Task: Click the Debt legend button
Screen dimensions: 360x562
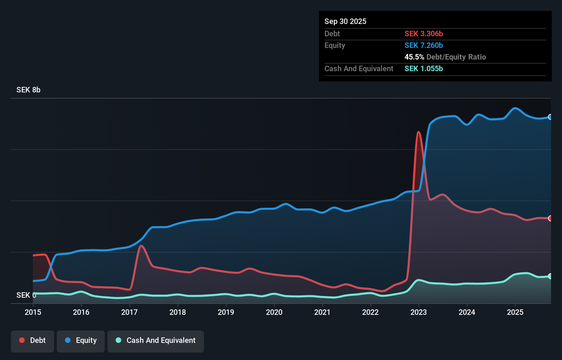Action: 33,340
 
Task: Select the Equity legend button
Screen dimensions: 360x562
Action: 81,340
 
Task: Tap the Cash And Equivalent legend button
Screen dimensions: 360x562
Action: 156,340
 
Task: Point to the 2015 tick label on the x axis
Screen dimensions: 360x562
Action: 33,312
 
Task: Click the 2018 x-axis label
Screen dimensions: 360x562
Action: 178,312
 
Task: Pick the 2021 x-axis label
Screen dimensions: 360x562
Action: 322,312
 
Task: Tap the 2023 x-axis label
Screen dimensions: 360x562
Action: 419,312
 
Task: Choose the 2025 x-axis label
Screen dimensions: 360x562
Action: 515,312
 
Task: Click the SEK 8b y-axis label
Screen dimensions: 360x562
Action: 28,90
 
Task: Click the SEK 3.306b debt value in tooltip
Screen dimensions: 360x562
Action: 424,34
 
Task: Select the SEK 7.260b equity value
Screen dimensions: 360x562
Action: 424,46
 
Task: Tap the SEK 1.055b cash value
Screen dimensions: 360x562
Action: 424,69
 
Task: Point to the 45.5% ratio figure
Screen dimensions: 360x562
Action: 414,57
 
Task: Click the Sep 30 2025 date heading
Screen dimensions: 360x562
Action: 345,22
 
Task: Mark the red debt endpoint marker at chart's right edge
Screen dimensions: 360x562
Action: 550,218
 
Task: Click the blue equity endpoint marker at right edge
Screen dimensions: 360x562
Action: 550,117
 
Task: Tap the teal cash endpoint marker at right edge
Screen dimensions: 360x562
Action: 550,276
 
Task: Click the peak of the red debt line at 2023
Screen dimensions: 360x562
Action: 418,132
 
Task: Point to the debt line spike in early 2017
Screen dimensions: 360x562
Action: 141,246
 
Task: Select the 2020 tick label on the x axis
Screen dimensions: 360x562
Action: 274,312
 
